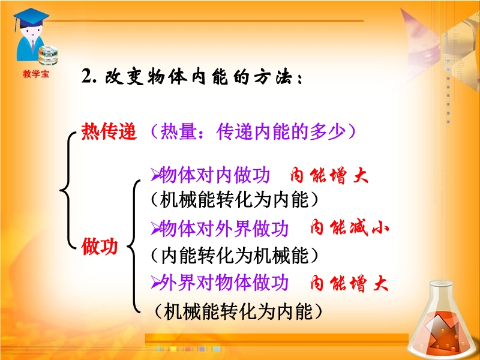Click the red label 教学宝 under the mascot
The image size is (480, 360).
click(x=36, y=74)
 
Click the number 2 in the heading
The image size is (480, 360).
click(x=87, y=76)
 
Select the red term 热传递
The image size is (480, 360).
click(x=109, y=132)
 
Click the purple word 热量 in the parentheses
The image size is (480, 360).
click(x=178, y=132)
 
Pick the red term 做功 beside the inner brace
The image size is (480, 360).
click(x=100, y=247)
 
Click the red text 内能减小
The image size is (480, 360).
click(x=349, y=228)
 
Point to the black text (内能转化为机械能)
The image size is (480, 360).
click(x=235, y=256)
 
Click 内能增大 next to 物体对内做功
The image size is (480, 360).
click(x=329, y=176)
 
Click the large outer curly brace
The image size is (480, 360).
click(x=68, y=190)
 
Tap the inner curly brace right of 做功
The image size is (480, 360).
click(x=134, y=247)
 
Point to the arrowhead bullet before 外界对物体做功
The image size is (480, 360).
click(x=155, y=283)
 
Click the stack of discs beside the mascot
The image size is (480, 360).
click(x=48, y=55)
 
